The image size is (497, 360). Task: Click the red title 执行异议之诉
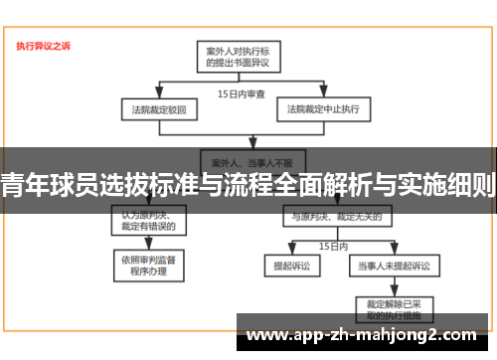pyautogui.click(x=43, y=46)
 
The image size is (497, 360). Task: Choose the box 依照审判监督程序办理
pyautogui.click(x=149, y=264)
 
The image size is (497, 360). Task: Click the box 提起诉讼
pyautogui.click(x=291, y=267)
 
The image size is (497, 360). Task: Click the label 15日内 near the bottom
pyautogui.click(x=333, y=244)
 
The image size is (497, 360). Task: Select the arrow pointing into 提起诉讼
pyautogui.click(x=291, y=256)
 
